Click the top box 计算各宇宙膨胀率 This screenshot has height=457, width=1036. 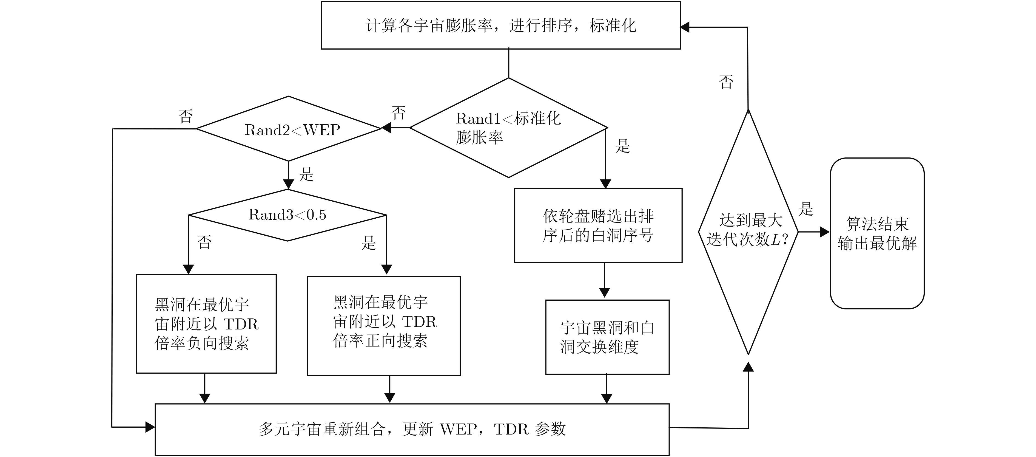pos(501,25)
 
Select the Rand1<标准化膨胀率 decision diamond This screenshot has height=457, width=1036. pos(508,128)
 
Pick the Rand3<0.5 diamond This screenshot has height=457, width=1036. pos(288,215)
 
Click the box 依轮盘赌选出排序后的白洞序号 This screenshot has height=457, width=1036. pos(598,225)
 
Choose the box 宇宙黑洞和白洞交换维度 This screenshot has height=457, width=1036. pos(607,337)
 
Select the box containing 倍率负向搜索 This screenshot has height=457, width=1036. pos(206,324)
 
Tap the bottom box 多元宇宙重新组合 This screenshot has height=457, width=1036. pos(412,429)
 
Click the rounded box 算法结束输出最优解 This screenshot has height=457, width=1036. pos(877,233)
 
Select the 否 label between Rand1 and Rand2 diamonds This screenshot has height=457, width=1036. pos(399,113)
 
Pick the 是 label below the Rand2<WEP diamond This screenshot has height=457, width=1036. pos(306,174)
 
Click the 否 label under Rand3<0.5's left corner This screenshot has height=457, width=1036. pos(204,242)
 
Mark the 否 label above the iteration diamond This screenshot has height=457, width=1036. pos(726,82)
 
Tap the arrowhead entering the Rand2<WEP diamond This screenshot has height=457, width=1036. pos(386,128)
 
